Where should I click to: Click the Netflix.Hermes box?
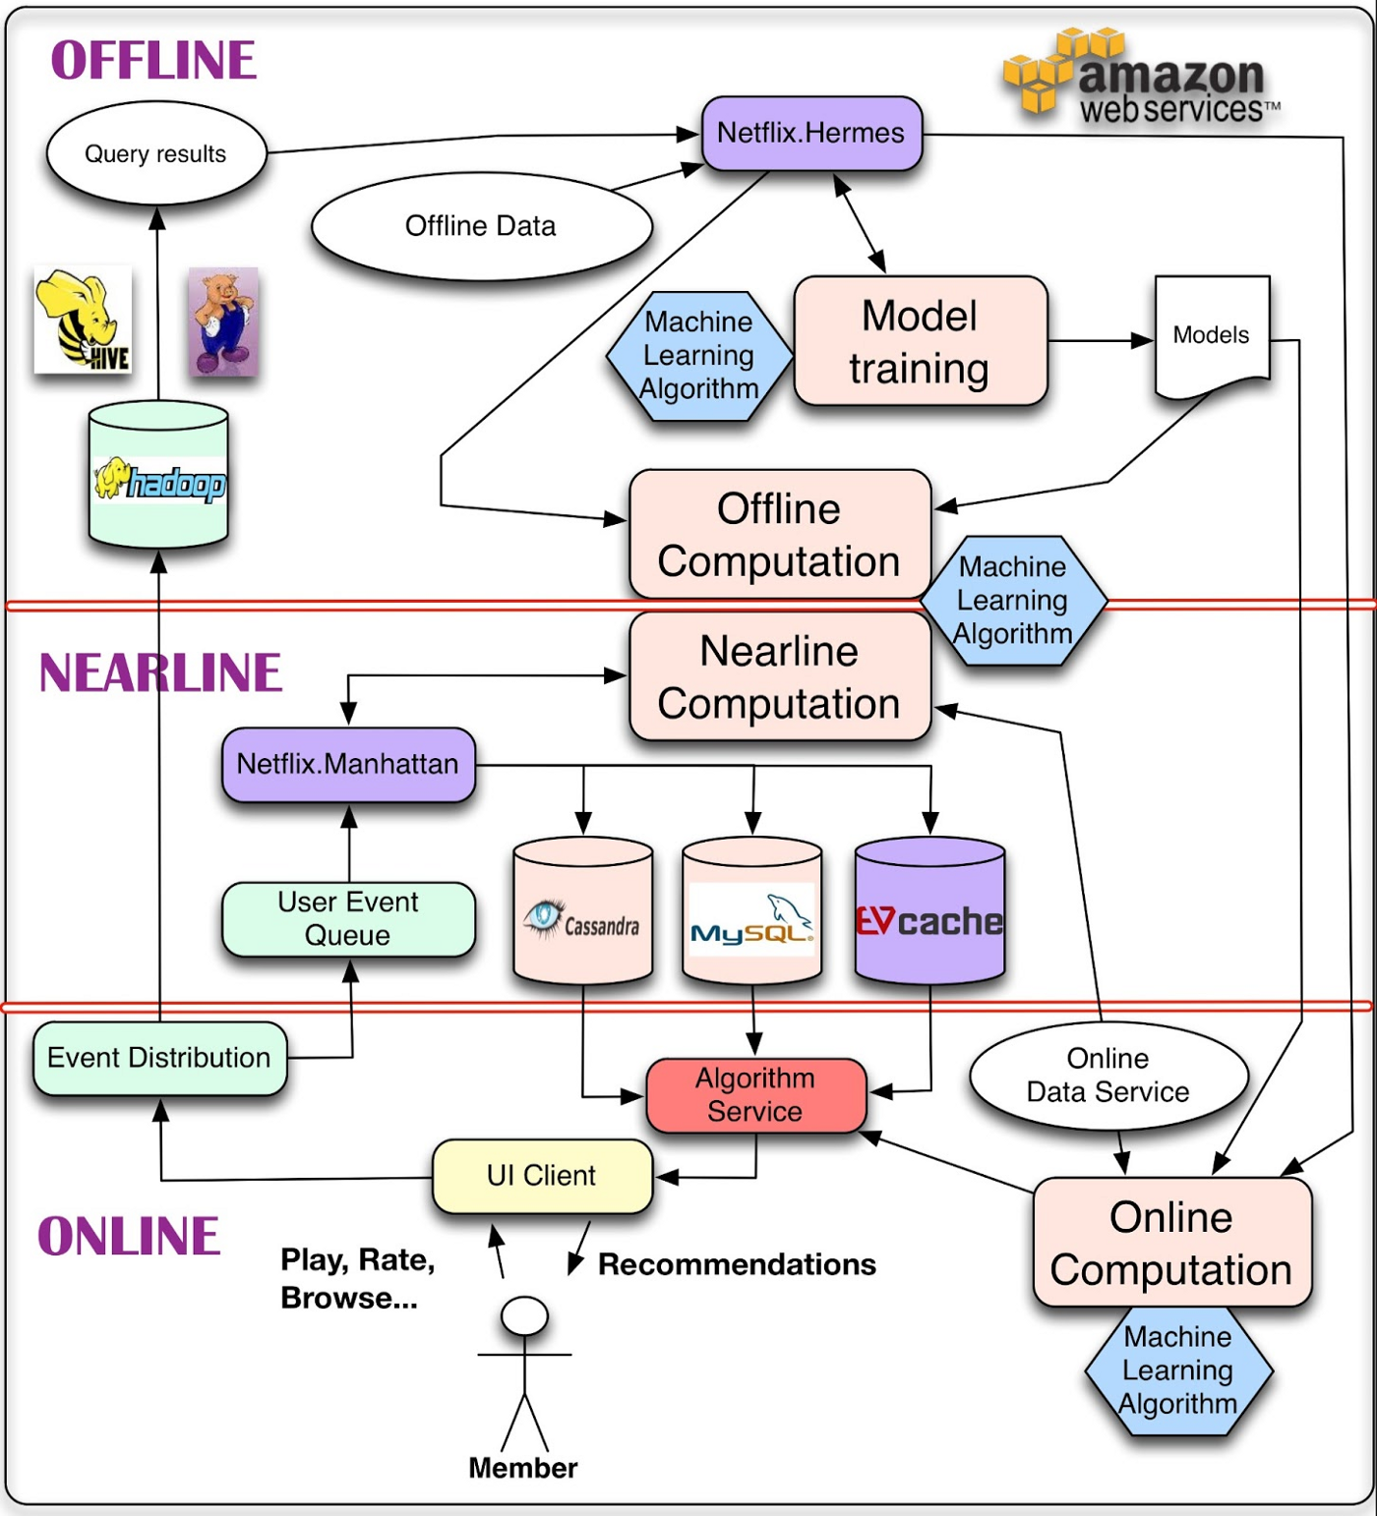(x=811, y=133)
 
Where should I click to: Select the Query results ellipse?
(x=155, y=153)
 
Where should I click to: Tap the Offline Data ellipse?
(x=481, y=226)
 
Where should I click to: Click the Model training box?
(x=920, y=341)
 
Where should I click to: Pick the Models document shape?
(x=1211, y=335)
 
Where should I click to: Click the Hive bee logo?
(x=83, y=320)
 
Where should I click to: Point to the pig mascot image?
(x=223, y=321)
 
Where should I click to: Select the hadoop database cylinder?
(x=158, y=477)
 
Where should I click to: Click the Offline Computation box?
(x=779, y=534)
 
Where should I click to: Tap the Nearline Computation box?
(x=779, y=676)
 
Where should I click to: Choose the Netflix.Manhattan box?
(x=348, y=764)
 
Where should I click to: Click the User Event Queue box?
(x=348, y=918)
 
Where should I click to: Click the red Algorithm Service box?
(x=755, y=1094)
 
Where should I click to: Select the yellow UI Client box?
(x=542, y=1176)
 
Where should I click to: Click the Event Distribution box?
(x=159, y=1058)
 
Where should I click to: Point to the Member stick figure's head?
(x=524, y=1315)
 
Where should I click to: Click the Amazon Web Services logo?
(x=1141, y=79)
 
